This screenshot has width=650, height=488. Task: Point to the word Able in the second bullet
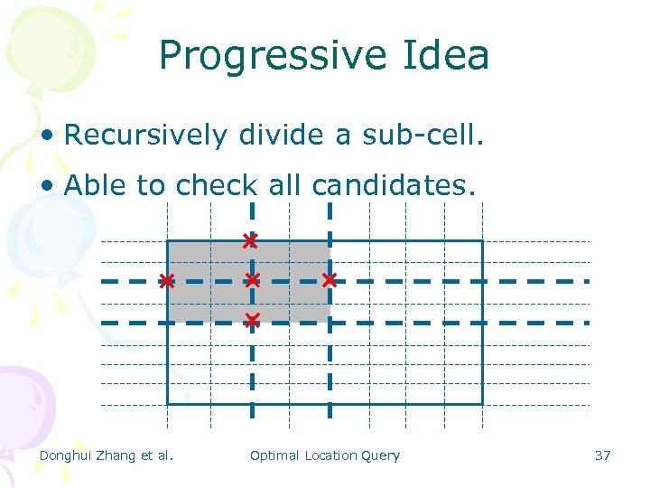(x=97, y=185)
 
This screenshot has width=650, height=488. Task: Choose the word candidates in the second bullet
(x=393, y=185)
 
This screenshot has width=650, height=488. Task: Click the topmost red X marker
(x=249, y=240)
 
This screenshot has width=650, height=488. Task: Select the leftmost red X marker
(x=167, y=281)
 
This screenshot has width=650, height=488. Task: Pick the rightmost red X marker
(x=330, y=280)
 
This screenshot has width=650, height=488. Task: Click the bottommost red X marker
(x=252, y=320)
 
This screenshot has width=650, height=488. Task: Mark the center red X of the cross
(x=252, y=280)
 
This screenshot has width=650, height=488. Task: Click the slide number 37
(x=602, y=455)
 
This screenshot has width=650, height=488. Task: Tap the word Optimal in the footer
(x=274, y=455)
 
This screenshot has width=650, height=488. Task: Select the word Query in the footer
(x=381, y=455)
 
